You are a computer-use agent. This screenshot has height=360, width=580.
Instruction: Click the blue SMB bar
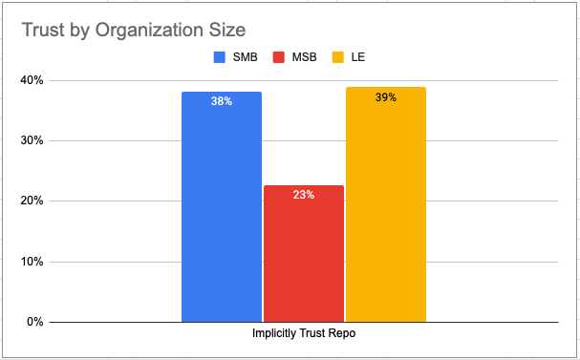(222, 206)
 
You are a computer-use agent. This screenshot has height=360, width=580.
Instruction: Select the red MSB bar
(304, 253)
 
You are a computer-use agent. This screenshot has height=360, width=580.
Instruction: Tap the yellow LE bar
(386, 204)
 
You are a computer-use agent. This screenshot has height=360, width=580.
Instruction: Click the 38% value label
(222, 101)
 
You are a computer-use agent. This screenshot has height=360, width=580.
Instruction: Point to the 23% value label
(304, 194)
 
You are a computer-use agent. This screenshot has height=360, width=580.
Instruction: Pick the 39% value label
(386, 97)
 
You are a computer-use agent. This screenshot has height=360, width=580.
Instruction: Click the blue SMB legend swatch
(218, 57)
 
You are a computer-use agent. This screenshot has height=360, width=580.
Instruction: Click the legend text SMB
(243, 57)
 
